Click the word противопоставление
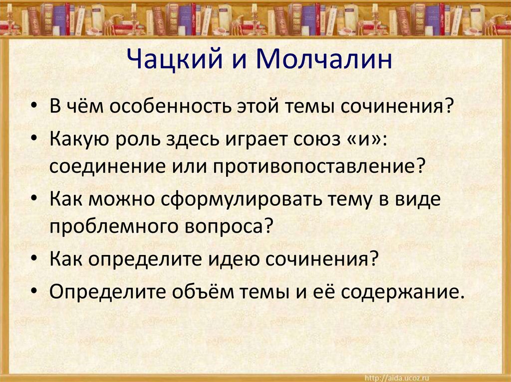coord(320,165)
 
